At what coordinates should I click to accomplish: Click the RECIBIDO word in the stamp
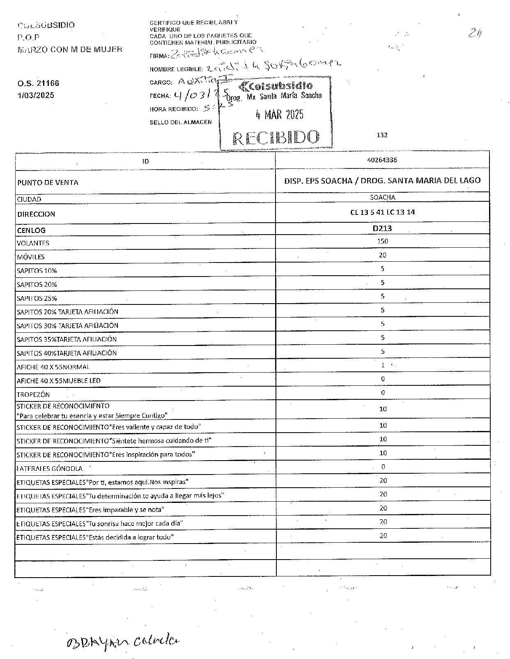tap(276, 138)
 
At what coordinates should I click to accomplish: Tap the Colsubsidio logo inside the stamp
tap(276, 86)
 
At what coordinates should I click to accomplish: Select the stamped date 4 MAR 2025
tap(279, 115)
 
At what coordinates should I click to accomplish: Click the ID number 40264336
tap(382, 160)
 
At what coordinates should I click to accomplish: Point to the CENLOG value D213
tap(382, 228)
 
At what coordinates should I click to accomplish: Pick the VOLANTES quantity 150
tap(382, 241)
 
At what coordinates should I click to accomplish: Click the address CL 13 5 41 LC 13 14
tap(382, 212)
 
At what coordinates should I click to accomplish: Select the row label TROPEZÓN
tap(33, 394)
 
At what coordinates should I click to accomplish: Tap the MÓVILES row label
tap(31, 257)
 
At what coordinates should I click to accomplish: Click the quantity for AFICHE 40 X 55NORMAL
tap(383, 365)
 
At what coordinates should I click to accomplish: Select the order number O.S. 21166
tap(38, 83)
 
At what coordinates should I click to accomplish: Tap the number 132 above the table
tap(382, 135)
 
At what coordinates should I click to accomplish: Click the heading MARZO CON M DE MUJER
tap(70, 50)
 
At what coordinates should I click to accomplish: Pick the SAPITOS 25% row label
tap(37, 298)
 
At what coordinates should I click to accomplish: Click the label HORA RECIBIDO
tap(174, 109)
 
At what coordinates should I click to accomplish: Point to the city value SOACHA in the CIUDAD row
tap(382, 198)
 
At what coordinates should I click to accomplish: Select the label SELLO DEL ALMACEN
tap(181, 122)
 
